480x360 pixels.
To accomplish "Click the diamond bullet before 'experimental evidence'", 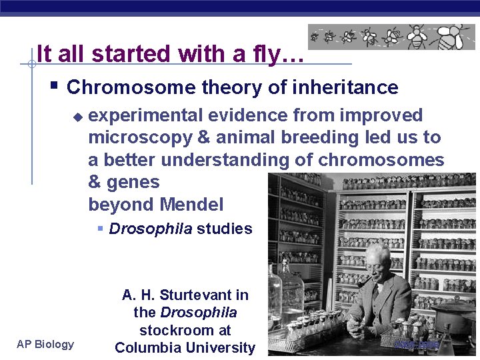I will point(77,117).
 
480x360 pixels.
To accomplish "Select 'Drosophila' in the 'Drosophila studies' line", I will point(150,229).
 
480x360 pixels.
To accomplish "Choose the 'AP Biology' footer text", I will point(45,344).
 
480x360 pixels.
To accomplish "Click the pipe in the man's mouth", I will point(364,283).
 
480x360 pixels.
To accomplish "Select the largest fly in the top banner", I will point(457,37).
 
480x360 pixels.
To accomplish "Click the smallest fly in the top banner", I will point(314,37).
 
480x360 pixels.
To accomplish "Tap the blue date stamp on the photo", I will point(417,345).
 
